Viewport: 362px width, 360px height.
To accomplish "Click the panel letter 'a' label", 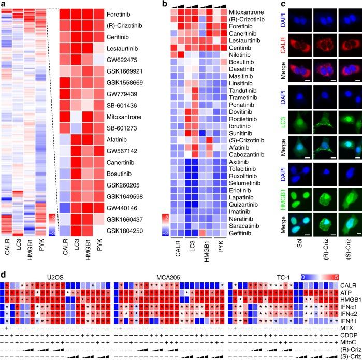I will [4, 4].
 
